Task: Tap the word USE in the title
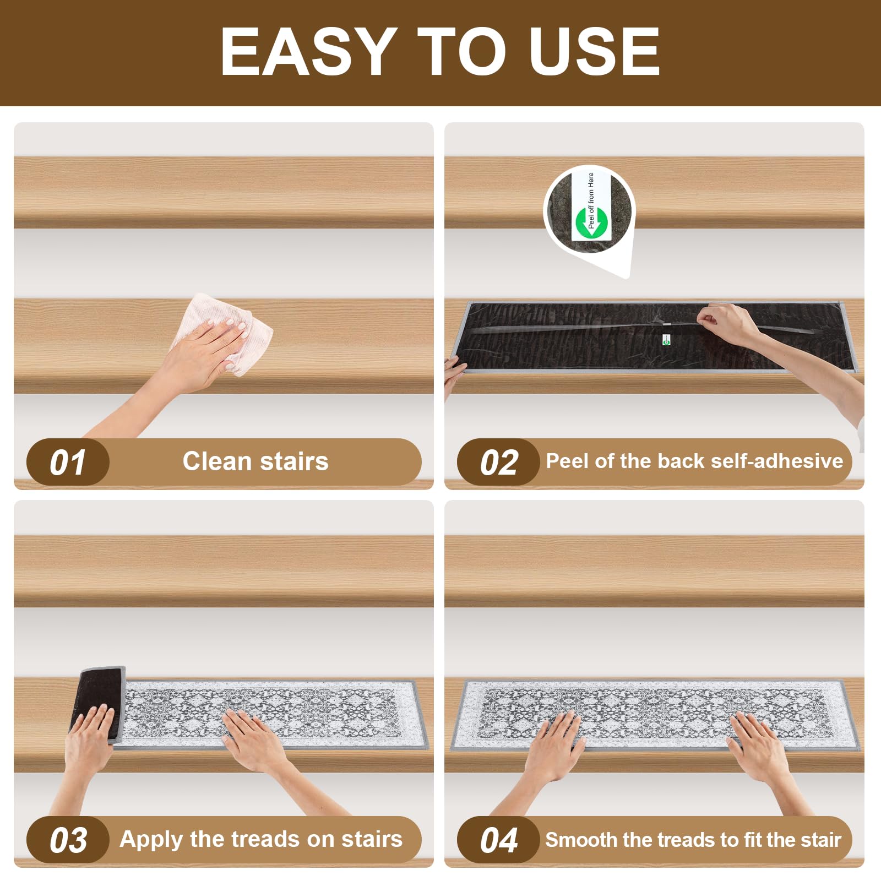(x=594, y=51)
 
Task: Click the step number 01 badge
(x=68, y=463)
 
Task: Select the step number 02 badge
(x=499, y=463)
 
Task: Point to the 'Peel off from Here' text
(x=591, y=200)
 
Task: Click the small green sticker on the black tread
(x=666, y=340)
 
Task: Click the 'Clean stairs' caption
(x=255, y=461)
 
